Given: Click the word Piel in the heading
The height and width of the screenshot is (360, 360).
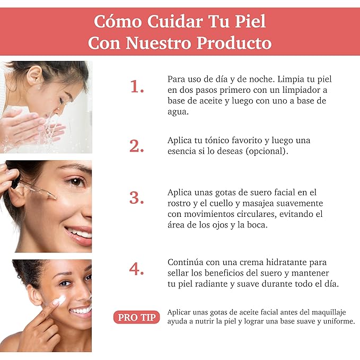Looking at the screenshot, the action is [250, 21].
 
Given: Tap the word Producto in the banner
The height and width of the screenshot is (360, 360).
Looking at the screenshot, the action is [234, 43].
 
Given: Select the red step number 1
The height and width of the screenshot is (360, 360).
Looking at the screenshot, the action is [137, 87].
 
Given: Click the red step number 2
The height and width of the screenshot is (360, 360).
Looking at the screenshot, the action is [137, 146].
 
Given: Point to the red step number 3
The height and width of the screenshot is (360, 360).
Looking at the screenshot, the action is [137, 198].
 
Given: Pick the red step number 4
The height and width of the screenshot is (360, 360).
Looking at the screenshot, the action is [137, 268].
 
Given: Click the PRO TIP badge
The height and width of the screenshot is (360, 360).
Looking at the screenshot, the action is [137, 317].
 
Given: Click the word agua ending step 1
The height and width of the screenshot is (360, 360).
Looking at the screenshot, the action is [178, 112].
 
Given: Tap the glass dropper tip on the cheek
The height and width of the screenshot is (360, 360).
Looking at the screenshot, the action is [54, 197].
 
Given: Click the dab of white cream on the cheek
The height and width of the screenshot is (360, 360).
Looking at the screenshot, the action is [59, 301].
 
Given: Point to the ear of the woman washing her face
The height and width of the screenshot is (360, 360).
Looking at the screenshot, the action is [34, 75].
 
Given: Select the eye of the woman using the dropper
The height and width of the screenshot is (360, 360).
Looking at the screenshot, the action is [76, 182].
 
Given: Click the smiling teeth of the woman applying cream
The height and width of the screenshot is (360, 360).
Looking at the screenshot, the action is [81, 311].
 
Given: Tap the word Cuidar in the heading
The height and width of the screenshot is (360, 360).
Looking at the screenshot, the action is [175, 21].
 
